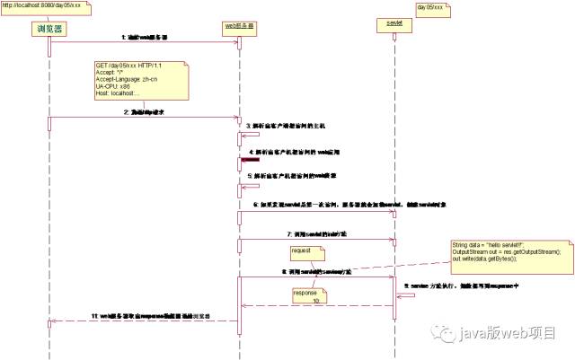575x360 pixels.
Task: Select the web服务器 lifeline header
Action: tap(239, 26)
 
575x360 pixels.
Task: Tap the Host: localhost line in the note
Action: tap(118, 93)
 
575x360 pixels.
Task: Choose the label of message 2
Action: tap(145, 112)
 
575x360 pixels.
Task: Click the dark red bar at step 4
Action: tap(250, 160)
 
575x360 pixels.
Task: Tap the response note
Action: tap(306, 295)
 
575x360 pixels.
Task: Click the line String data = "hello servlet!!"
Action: tap(491, 245)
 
